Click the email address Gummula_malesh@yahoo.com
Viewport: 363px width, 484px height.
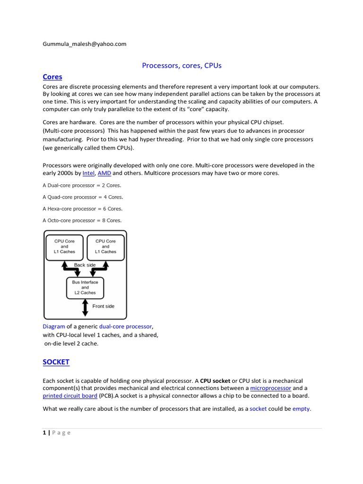tap(85, 44)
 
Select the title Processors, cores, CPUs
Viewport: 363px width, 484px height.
tap(181, 66)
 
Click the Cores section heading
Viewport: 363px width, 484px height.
tap(52, 77)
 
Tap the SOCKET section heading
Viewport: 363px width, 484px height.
tap(56, 362)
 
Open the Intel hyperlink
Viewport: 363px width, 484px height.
tap(88, 173)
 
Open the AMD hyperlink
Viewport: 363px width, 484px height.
tap(104, 173)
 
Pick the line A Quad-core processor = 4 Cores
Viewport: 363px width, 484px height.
tap(83, 197)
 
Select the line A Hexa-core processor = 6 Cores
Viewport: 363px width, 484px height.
tap(82, 208)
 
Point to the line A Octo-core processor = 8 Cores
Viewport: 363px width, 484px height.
tap(82, 220)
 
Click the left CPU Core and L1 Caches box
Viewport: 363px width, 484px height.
tap(64, 246)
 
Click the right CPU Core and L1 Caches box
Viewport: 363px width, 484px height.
tap(105, 246)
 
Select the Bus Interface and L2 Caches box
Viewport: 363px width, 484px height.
tap(85, 287)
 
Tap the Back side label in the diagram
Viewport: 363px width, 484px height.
tap(85, 265)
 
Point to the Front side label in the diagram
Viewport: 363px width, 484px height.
tap(103, 306)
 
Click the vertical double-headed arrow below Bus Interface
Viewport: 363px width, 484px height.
tap(85, 307)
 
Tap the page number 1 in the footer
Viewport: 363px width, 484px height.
tap(44, 433)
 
